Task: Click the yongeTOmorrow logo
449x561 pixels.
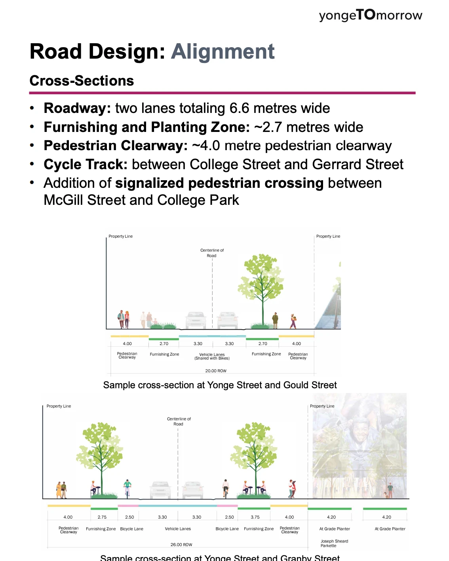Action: [370, 15]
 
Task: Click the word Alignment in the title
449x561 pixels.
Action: [223, 52]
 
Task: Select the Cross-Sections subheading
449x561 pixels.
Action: [82, 81]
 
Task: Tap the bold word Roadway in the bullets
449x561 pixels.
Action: [77, 108]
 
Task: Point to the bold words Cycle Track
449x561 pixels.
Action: [86, 164]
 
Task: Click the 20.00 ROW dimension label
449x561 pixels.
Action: [216, 371]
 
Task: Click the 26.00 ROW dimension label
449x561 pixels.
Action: [181, 545]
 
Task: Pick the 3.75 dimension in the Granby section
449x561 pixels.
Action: [255, 517]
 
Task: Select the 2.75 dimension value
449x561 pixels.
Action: [102, 517]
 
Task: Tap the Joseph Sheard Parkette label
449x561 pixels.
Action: [334, 543]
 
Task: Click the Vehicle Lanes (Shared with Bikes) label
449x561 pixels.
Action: [212, 357]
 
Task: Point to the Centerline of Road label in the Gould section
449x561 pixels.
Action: [212, 253]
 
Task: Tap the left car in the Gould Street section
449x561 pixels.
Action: [196, 320]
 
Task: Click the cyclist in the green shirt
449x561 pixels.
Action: [127, 488]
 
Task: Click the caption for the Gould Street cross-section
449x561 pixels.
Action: [220, 385]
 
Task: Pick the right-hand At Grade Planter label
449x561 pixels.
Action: [390, 529]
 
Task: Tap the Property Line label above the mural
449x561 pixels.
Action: [322, 406]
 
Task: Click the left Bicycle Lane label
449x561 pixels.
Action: [131, 529]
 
